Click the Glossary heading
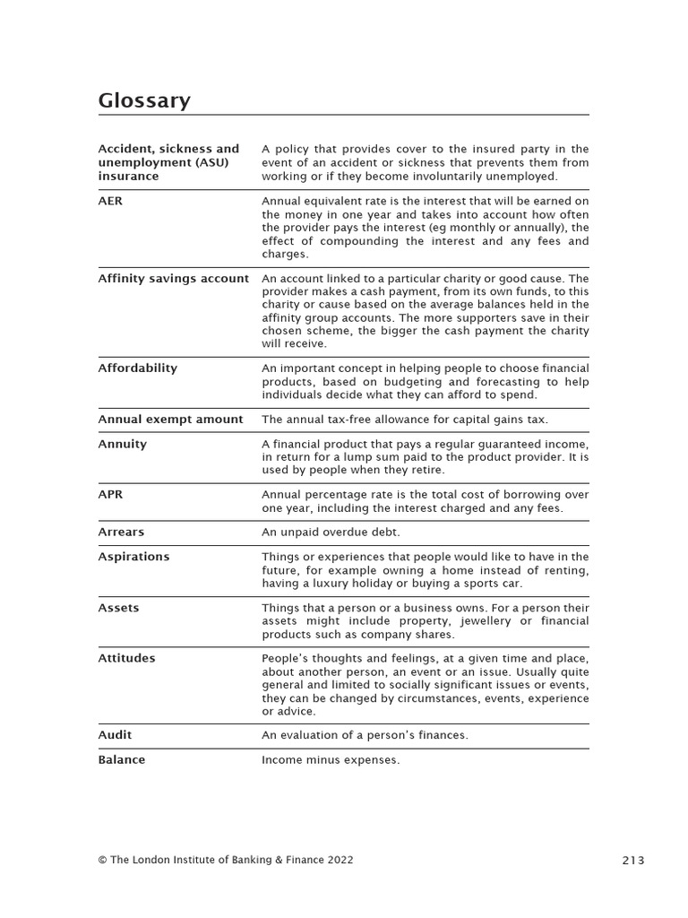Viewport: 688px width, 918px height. click(144, 100)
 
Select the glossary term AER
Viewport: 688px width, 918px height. click(110, 201)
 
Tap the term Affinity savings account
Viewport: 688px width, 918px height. click(173, 279)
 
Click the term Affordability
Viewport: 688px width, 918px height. click(137, 368)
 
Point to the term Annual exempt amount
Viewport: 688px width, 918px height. click(170, 420)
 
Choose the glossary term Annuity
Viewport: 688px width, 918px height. click(122, 445)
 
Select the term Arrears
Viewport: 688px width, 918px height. click(121, 533)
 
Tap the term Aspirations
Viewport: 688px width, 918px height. click(133, 557)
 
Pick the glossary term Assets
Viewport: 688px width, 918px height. click(118, 608)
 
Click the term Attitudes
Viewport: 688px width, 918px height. click(126, 658)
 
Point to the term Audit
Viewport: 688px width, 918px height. click(115, 735)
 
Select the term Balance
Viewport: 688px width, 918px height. click(121, 760)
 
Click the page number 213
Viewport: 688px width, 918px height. click(632, 861)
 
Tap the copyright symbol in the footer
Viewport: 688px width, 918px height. click(102, 860)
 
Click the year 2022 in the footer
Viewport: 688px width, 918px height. click(340, 860)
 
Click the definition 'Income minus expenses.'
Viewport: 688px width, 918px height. click(331, 760)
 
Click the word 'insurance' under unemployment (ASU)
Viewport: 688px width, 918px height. click(128, 177)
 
